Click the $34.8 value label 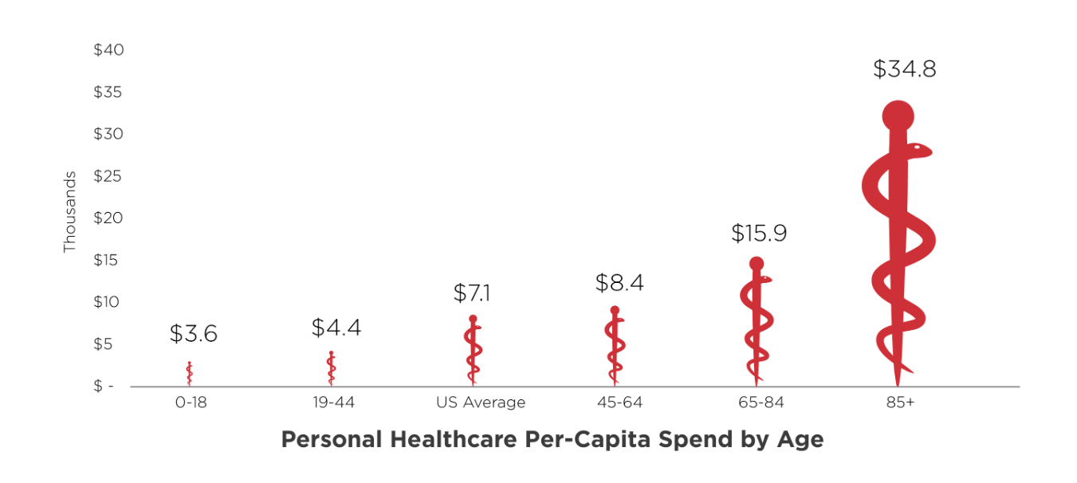point(904,69)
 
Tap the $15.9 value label point(758,234)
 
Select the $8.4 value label point(619,283)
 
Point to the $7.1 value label point(472,293)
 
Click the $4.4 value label point(336,328)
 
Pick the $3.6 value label point(193,334)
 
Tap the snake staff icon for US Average point(473,351)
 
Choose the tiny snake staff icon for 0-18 point(190,374)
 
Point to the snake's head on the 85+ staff point(918,149)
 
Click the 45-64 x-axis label point(619,402)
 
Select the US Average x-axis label point(481,402)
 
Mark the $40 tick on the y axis point(108,50)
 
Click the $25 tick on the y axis point(108,176)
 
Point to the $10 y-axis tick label point(108,302)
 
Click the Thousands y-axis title point(69,212)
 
